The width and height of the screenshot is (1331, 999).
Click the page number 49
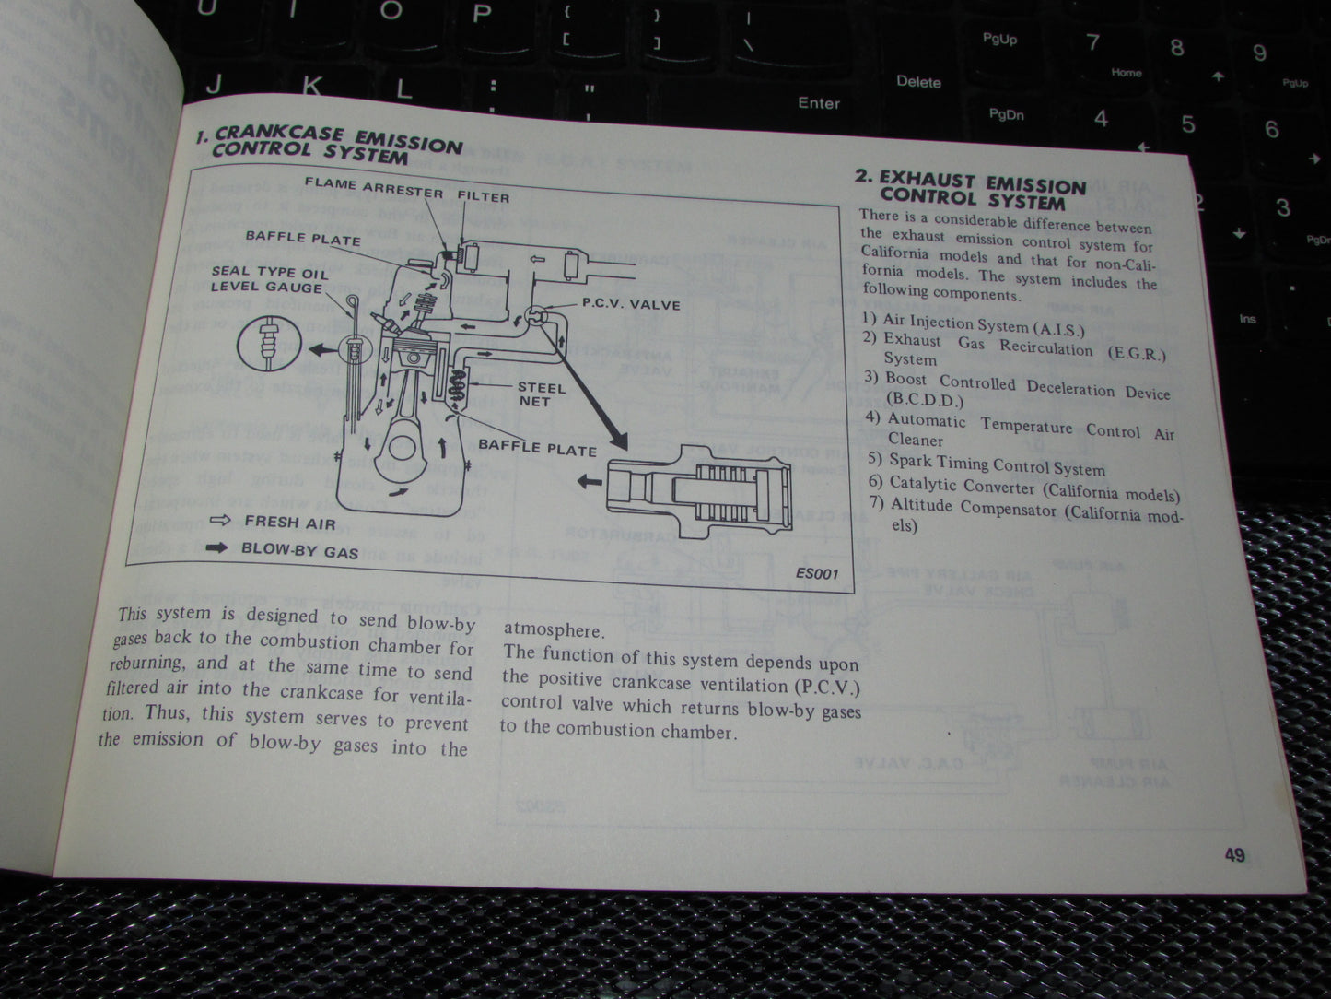1234,855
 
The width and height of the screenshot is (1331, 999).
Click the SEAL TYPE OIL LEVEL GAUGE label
268,278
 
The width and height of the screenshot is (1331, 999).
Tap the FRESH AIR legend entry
285,522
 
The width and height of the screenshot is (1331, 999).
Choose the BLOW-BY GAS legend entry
299,550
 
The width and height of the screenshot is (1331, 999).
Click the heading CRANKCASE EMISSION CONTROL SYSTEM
332,146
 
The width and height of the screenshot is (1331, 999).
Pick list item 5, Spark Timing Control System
996,464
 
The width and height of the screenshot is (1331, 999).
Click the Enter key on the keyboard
819,103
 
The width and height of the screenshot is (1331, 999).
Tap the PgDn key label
1006,114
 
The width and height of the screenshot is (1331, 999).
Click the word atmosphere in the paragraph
554,630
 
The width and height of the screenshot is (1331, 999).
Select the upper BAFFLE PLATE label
303,238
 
